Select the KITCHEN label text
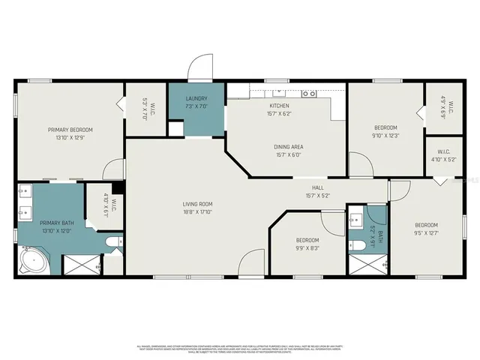click(x=279, y=105)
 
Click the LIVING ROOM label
click(x=198, y=203)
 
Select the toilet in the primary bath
click(x=112, y=241)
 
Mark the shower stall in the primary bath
click(x=79, y=265)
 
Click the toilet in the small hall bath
click(x=358, y=244)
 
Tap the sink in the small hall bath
click(x=357, y=220)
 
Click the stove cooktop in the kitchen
click(x=308, y=94)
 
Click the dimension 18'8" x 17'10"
click(x=198, y=211)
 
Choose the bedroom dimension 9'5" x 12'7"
click(x=426, y=232)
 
